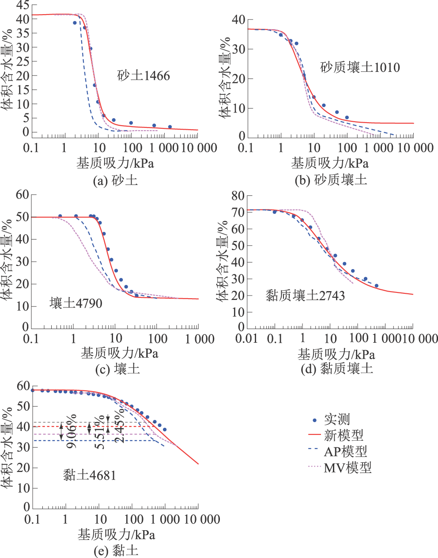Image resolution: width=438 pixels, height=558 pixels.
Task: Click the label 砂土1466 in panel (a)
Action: coord(143,75)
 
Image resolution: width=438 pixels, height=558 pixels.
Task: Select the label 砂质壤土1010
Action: coord(360,67)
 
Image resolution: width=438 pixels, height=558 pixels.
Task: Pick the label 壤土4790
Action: coord(76,303)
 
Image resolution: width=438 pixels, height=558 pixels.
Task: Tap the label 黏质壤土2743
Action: coord(305,295)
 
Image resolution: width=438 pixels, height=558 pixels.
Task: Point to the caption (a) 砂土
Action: coord(116,180)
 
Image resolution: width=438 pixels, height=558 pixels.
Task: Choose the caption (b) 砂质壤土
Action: coord(331,180)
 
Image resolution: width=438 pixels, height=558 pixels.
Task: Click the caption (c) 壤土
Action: coord(117,369)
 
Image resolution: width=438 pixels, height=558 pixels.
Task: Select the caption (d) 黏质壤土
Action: coord(337,369)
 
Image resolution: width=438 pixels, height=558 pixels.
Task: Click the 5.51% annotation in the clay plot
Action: coord(100,432)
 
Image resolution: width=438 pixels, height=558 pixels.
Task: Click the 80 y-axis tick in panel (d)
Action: coord(238,195)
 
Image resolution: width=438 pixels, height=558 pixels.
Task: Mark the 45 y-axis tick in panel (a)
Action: coord(23,5)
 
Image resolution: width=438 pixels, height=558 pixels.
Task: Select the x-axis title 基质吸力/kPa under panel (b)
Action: coord(330,163)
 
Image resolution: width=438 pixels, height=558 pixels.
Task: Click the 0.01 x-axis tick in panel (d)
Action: coord(247,338)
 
